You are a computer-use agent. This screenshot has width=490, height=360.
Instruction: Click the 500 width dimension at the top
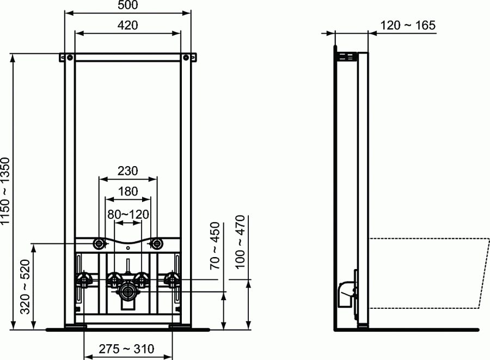click(127, 5)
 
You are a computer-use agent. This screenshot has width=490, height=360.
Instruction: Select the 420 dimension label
click(127, 25)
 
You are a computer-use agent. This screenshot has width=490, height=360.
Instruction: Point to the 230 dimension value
click(127, 170)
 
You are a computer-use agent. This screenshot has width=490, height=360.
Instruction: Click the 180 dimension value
click(127, 191)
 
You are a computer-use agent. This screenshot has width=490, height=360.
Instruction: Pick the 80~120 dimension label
click(127, 213)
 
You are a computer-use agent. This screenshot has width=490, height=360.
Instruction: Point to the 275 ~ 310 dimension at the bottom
click(127, 349)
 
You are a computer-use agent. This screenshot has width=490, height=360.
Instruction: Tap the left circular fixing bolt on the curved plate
click(99, 243)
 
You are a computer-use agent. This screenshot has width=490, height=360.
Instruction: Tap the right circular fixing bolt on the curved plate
click(157, 243)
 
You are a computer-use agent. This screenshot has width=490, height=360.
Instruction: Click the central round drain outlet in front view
click(127, 291)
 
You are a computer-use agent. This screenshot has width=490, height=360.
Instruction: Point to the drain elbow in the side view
click(346, 292)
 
